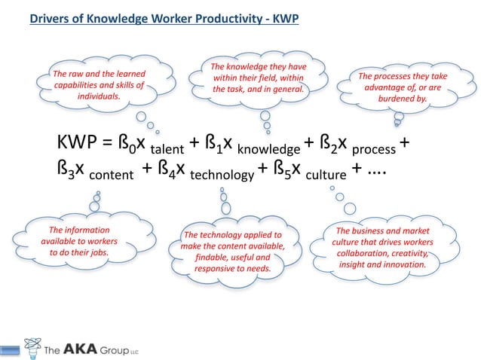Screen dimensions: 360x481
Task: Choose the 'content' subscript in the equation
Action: [x=112, y=175]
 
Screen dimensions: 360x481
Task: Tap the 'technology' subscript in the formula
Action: [x=222, y=175]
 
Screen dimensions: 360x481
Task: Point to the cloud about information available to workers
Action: [x=78, y=241]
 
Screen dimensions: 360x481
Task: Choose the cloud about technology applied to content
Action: [x=231, y=251]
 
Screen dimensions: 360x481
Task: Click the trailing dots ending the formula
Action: [x=375, y=172]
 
